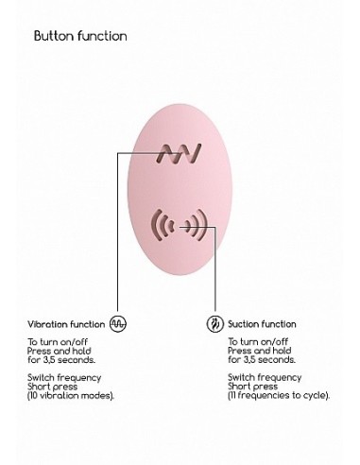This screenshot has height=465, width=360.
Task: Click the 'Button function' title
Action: tap(79, 36)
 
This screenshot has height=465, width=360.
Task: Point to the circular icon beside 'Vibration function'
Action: tap(118, 322)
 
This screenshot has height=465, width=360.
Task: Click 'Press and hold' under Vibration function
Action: tap(57, 352)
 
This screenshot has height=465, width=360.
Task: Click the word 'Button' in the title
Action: tap(54, 36)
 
